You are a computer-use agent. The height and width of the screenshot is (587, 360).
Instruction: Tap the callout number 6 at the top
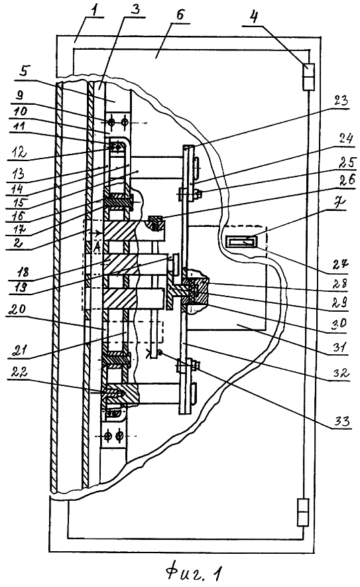(180, 15)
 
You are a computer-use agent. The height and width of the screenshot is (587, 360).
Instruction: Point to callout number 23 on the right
(341, 101)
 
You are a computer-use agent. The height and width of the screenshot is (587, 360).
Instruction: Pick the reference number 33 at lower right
(341, 421)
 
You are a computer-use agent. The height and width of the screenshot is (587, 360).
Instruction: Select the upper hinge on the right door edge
(309, 77)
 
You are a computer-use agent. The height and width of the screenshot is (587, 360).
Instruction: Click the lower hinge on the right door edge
(303, 512)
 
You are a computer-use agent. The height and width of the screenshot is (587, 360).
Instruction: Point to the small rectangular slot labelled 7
(241, 242)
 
